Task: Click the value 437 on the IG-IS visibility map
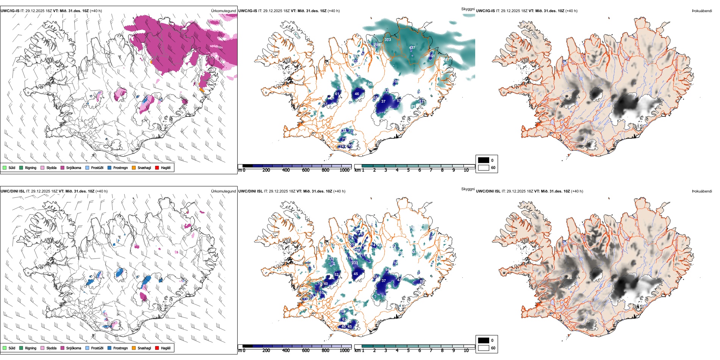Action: (412, 48)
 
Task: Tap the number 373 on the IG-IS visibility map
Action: (388, 40)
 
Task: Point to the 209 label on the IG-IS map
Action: (377, 45)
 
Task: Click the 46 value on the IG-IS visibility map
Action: (357, 94)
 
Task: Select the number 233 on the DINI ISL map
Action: (355, 263)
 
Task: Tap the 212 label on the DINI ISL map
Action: (330, 258)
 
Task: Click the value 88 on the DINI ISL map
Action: (422, 282)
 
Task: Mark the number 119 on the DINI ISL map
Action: (306, 299)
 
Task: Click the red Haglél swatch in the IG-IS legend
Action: (157, 167)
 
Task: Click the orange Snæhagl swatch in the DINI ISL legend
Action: (134, 348)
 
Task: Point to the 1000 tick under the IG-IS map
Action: (344, 170)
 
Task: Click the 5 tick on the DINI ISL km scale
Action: (408, 351)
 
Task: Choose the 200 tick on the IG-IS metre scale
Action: (266, 170)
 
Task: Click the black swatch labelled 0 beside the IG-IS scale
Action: (484, 160)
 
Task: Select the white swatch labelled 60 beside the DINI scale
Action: (484, 348)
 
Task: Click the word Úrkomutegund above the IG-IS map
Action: (223, 11)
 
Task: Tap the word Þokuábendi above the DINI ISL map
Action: (702, 191)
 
